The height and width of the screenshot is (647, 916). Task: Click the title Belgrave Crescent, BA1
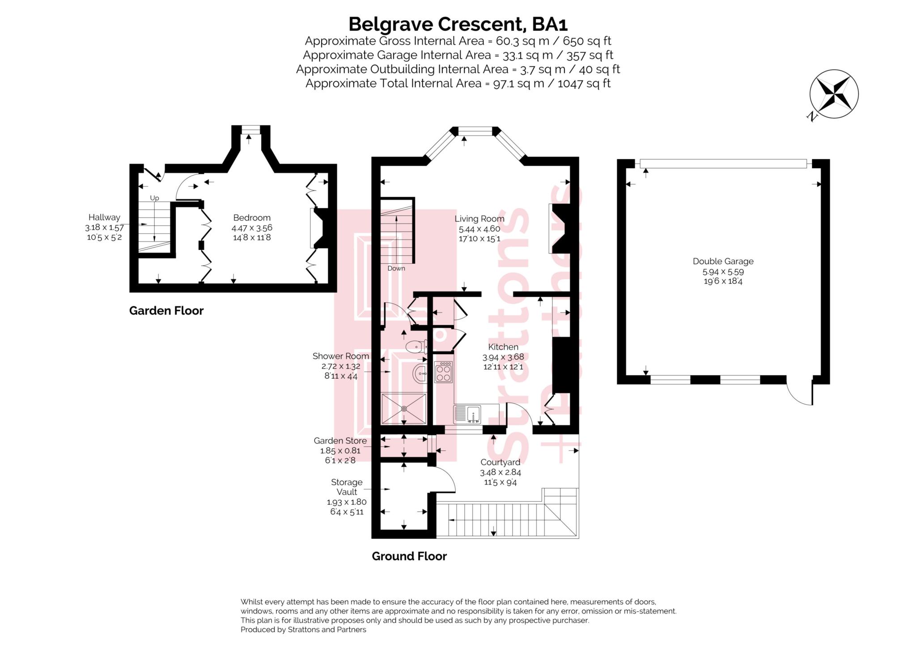click(x=458, y=24)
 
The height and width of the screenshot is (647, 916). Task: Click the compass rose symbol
click(x=833, y=94)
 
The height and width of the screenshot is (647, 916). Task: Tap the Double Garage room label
click(x=723, y=262)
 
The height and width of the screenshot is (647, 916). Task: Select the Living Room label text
click(x=479, y=219)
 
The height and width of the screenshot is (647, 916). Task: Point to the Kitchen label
click(x=503, y=347)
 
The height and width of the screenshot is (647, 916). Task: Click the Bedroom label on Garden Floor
click(x=251, y=218)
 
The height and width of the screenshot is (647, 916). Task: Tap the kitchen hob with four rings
click(x=443, y=372)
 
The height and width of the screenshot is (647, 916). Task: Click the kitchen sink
click(x=468, y=414)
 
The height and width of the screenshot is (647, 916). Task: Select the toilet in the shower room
click(x=416, y=346)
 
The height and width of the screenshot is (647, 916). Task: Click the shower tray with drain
click(x=404, y=409)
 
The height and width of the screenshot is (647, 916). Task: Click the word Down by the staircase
click(x=396, y=268)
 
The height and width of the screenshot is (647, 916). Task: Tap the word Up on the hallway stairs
click(x=154, y=198)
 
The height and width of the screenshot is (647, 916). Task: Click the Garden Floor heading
click(x=166, y=311)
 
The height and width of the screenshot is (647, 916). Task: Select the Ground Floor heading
click(x=409, y=556)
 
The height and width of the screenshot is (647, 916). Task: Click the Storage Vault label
click(x=346, y=487)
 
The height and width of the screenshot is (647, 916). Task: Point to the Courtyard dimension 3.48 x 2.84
click(x=500, y=472)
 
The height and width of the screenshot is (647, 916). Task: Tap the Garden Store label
click(x=340, y=441)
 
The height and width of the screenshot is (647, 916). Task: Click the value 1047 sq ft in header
click(x=584, y=84)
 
